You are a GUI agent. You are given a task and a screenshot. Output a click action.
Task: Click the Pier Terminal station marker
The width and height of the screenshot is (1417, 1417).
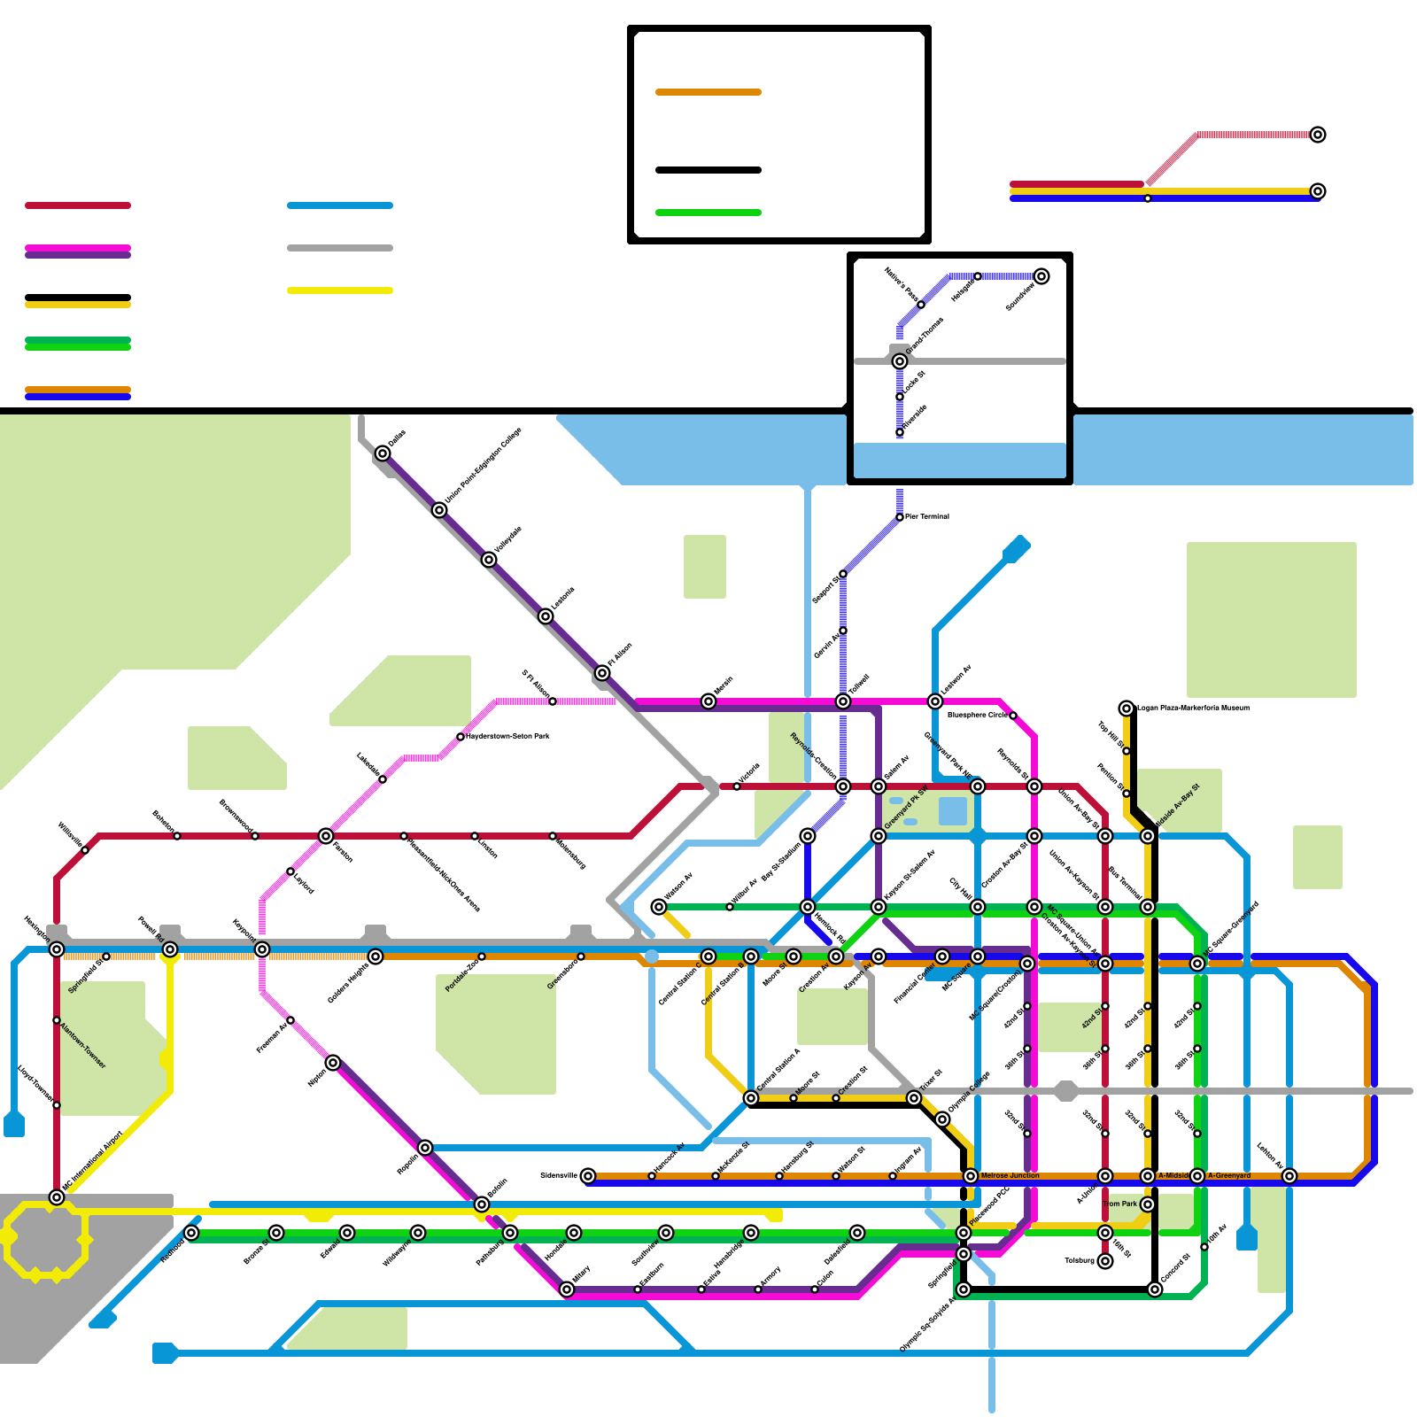(x=900, y=517)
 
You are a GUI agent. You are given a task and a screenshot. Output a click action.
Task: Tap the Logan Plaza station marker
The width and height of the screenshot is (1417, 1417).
(x=1127, y=708)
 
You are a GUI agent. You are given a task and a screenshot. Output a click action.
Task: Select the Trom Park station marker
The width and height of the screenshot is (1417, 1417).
(x=1148, y=1204)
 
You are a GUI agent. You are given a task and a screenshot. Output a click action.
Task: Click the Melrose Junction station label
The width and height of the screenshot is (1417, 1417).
(x=1010, y=1176)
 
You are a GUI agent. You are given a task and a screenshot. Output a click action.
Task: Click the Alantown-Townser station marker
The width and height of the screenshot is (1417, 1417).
(x=57, y=1020)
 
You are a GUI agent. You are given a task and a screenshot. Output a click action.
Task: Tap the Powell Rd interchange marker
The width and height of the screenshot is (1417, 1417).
(x=170, y=950)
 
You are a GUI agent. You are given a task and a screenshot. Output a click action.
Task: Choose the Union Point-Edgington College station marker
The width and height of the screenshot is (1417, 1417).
(x=439, y=510)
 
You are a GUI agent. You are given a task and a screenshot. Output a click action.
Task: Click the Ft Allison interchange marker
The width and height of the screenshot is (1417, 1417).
(x=602, y=673)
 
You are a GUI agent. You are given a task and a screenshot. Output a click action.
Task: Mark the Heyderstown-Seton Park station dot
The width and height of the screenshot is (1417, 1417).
(x=461, y=737)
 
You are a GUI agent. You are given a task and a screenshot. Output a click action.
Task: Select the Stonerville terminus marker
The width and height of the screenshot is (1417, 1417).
(x=588, y=1176)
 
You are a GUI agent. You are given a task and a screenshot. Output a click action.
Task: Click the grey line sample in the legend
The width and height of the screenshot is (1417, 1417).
(x=340, y=248)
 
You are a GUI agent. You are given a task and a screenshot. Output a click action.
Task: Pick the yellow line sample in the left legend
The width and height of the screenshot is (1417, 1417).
(x=340, y=290)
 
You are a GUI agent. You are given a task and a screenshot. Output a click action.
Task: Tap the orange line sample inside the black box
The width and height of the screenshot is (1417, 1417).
(x=708, y=92)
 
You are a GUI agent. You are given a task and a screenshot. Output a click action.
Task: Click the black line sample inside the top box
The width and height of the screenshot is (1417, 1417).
(x=708, y=170)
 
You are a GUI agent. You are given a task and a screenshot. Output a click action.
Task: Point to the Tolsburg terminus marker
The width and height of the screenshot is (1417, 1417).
(x=1105, y=1261)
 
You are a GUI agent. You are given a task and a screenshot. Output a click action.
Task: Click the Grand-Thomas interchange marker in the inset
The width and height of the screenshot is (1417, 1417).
(x=900, y=361)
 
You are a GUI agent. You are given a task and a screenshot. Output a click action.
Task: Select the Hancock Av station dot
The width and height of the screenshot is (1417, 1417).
(x=652, y=1176)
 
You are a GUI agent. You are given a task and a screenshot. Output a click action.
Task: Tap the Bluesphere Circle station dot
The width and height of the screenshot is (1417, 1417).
(x=1013, y=716)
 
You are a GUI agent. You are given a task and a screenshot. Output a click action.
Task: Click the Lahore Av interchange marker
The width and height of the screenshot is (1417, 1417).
(x=1289, y=1176)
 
